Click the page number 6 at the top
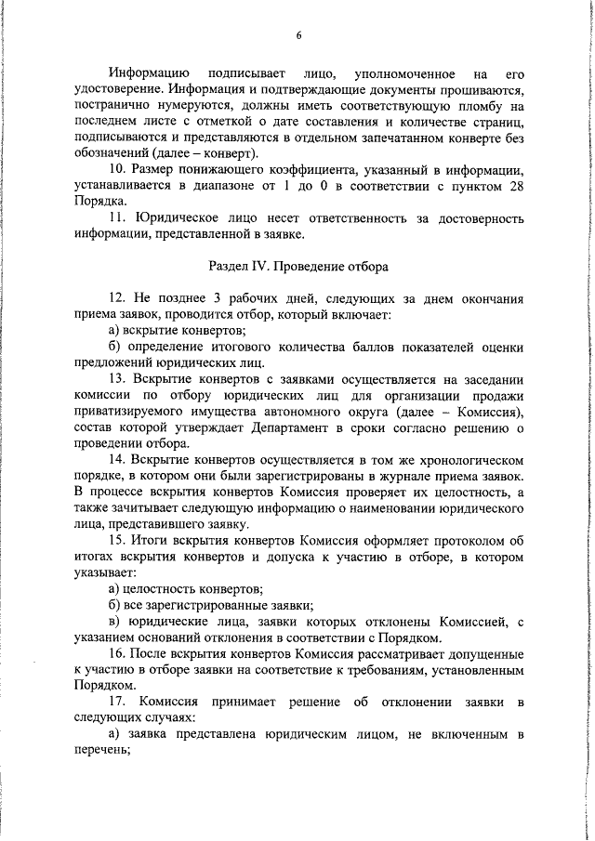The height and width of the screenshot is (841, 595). coord(298,36)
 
